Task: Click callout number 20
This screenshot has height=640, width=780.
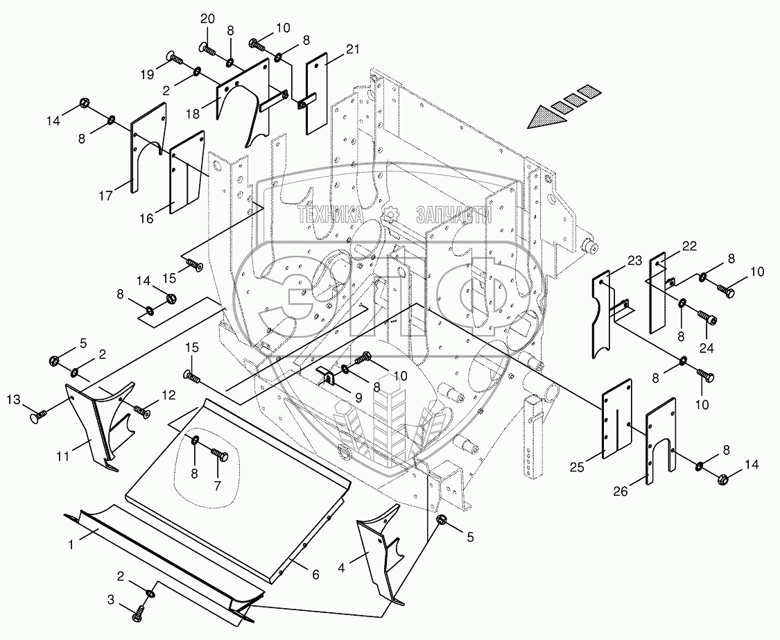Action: (207, 18)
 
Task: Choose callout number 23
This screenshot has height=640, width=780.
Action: (616, 260)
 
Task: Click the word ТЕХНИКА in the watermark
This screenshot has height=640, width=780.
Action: (331, 216)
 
